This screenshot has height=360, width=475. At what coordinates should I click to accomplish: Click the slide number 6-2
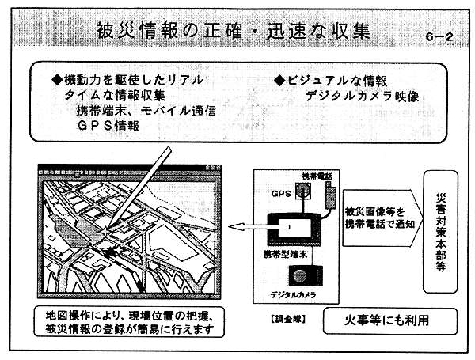coord(439,37)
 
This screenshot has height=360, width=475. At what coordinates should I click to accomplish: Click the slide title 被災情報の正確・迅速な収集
coord(234,31)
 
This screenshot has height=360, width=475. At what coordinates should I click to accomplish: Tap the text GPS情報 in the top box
coord(108,126)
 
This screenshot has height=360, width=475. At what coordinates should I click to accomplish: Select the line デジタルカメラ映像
coord(362,97)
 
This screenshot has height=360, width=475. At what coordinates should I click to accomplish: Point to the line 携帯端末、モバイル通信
coord(146,111)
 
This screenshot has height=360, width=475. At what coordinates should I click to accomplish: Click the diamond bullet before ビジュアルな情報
coord(279,81)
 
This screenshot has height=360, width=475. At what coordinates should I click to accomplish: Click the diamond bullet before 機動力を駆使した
coord(57,80)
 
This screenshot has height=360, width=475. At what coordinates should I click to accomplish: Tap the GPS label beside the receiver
coord(281,194)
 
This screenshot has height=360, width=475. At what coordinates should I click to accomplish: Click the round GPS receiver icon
coord(303,191)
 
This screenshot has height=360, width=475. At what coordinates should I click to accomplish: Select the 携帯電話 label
coord(317,176)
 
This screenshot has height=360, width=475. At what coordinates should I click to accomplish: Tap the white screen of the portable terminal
coord(294,228)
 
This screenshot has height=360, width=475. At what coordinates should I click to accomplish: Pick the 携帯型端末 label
coord(285,254)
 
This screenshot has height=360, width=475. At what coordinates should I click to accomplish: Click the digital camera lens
coord(300,275)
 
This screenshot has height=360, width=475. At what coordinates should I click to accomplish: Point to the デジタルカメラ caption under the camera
coord(293,294)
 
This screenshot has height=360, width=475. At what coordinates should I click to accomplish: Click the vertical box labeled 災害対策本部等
coord(440,232)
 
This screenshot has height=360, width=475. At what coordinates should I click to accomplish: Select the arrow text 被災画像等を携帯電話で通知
coord(379,218)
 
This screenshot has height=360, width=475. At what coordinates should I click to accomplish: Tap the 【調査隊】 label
coord(288,319)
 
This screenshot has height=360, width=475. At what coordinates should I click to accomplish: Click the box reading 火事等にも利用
coord(390,321)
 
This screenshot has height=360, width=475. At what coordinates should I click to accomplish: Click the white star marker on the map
coord(104,232)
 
